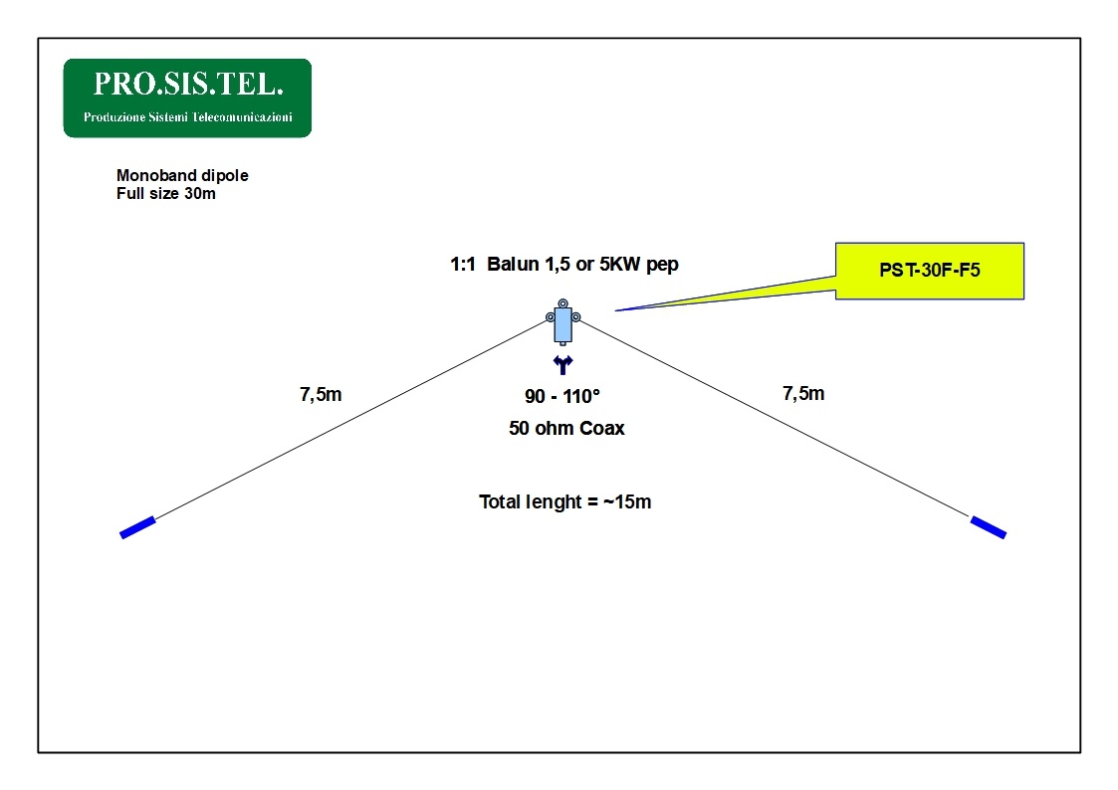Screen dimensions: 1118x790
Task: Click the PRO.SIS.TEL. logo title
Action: click(188, 84)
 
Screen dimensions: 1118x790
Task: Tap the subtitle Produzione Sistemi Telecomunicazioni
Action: click(187, 116)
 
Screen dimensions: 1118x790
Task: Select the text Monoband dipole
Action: click(182, 175)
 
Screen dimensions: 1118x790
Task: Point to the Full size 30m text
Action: click(166, 194)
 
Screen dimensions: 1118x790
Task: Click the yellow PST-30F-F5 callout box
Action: click(930, 271)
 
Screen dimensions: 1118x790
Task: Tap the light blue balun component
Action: click(563, 324)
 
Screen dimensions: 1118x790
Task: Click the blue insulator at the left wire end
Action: click(137, 527)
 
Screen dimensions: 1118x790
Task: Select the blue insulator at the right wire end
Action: click(989, 527)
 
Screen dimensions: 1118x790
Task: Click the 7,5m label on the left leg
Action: click(321, 395)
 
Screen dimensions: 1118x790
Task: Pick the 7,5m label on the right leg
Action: click(803, 394)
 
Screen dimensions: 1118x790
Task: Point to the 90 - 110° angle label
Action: click(562, 396)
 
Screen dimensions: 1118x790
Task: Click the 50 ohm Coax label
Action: click(566, 428)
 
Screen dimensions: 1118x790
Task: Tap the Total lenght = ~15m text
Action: click(564, 502)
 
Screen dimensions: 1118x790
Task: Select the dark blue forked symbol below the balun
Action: click(563, 365)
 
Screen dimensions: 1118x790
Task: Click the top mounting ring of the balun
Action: click(563, 303)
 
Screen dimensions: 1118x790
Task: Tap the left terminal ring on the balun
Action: click(551, 317)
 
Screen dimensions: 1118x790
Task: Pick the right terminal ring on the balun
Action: click(576, 317)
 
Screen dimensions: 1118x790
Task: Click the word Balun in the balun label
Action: click(513, 265)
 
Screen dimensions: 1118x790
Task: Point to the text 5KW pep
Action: click(639, 265)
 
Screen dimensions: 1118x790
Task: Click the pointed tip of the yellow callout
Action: click(615, 310)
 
